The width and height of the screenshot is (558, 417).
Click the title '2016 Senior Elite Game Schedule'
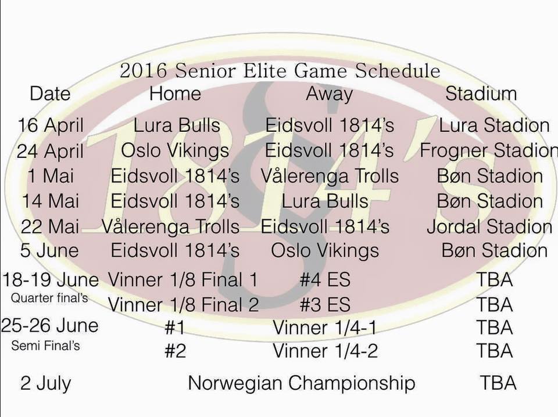(x=280, y=70)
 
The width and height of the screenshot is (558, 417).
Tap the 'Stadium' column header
(x=481, y=94)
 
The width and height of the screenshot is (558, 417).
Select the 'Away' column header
(x=329, y=95)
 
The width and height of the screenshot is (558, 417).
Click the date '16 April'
(x=51, y=125)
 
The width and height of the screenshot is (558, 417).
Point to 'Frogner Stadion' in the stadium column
(x=489, y=150)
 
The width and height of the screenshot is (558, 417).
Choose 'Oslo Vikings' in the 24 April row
(x=175, y=150)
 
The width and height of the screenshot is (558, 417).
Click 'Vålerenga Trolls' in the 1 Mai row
(x=330, y=176)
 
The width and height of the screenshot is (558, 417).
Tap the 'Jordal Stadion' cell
(x=489, y=227)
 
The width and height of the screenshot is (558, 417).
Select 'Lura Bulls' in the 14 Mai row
(x=324, y=201)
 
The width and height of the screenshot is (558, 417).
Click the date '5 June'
(x=49, y=250)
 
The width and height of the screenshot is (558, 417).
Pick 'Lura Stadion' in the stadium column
(x=494, y=125)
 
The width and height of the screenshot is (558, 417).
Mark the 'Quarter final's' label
(x=49, y=298)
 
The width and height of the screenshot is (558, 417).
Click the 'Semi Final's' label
(x=45, y=346)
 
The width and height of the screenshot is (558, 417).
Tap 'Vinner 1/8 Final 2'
(x=183, y=305)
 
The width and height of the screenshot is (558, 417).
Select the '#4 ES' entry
(x=325, y=279)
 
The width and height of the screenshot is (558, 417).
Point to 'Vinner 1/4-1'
(x=324, y=328)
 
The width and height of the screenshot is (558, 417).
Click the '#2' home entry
(x=175, y=351)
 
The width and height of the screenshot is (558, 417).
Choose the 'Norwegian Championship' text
(x=302, y=383)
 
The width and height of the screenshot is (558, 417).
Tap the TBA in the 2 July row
(x=498, y=383)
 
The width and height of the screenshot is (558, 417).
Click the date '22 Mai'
(x=50, y=227)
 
